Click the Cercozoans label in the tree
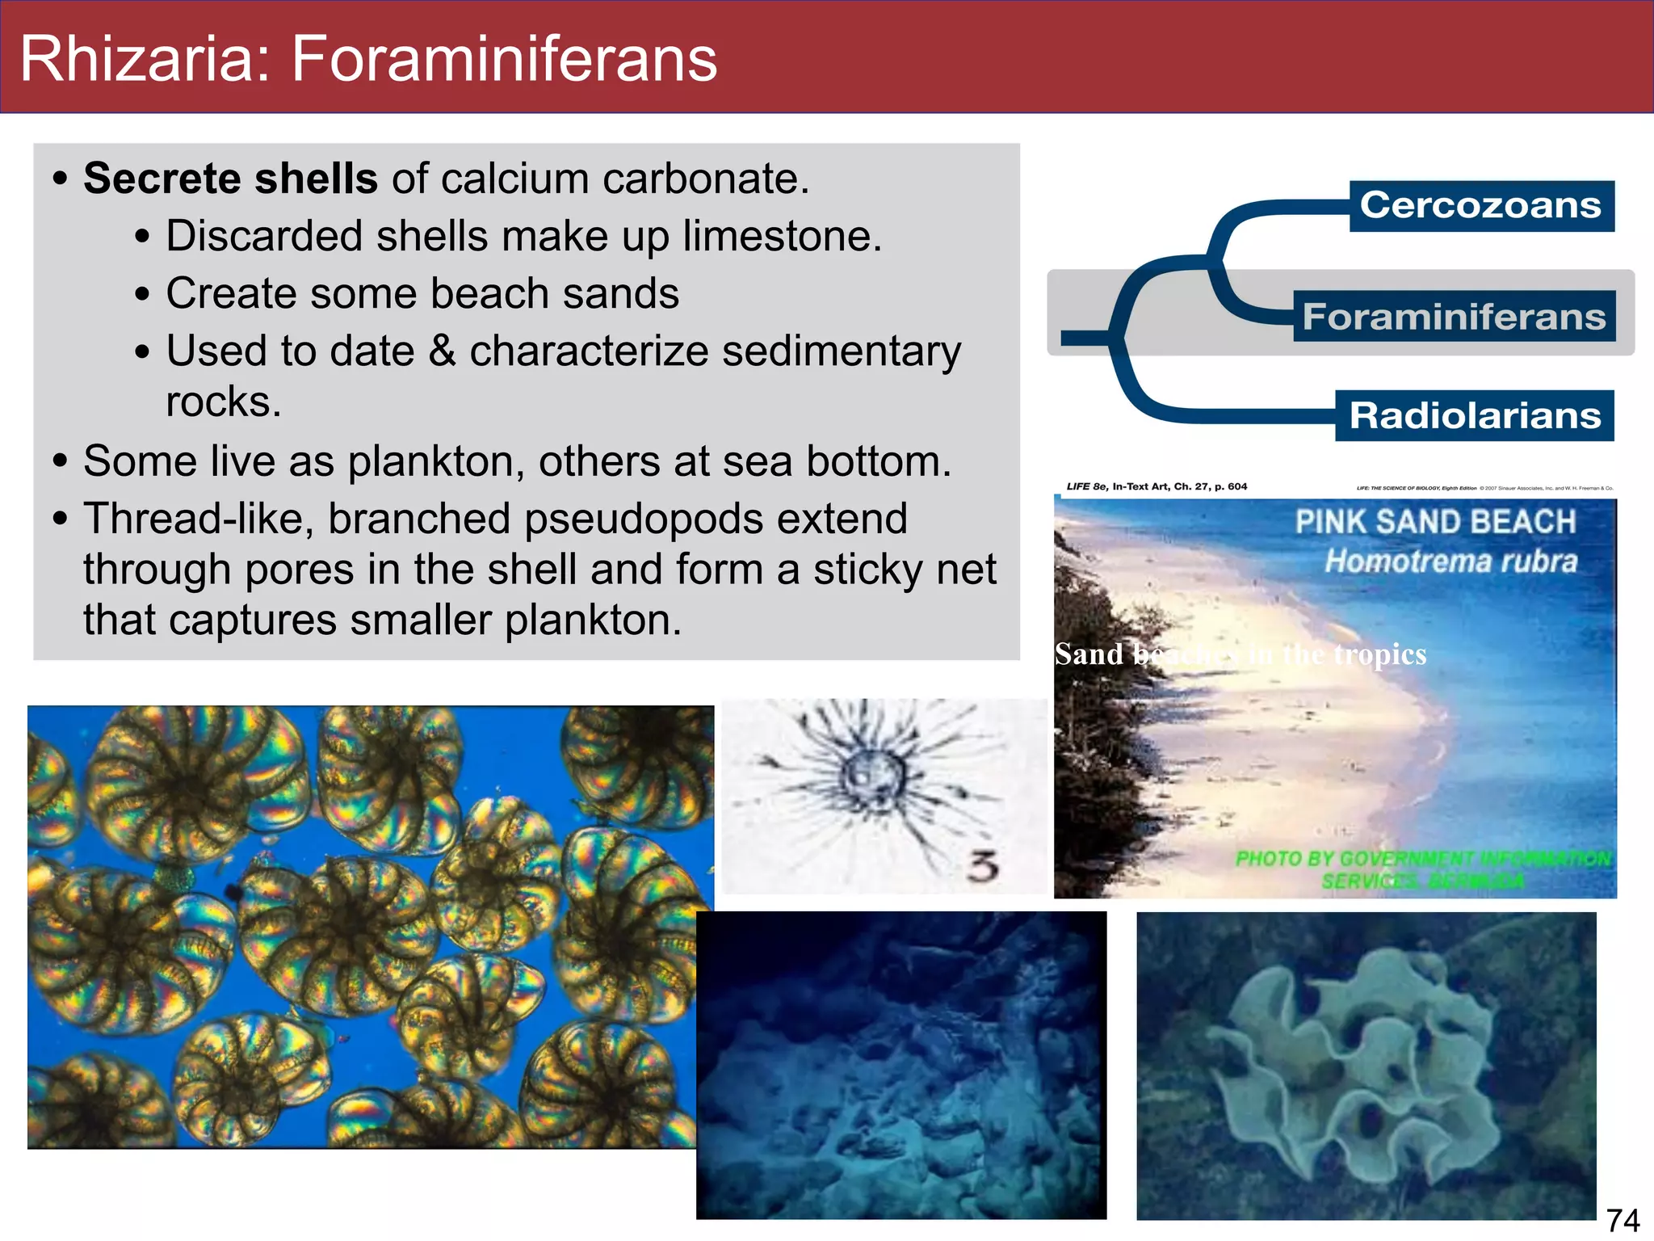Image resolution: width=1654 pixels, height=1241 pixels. [1480, 205]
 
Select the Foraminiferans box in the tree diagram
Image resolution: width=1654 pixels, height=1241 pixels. [1454, 316]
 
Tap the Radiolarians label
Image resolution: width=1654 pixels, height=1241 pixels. [1475, 416]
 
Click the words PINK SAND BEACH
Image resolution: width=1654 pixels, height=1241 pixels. [1435, 522]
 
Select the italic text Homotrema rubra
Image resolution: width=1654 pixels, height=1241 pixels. [1450, 562]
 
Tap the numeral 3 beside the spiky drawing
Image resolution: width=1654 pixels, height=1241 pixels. [983, 867]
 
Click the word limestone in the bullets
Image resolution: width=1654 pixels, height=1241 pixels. [781, 236]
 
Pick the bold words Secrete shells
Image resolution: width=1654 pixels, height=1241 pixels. [230, 179]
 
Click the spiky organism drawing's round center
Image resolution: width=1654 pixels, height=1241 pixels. [871, 776]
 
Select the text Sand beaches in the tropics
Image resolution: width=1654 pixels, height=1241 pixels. [1240, 654]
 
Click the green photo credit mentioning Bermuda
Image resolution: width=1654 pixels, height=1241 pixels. [1421, 869]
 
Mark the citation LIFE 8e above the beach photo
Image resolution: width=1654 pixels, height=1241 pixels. [1087, 486]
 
